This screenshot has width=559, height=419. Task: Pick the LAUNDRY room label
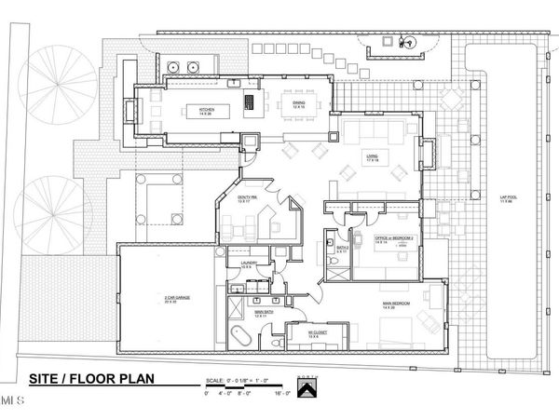click(x=249, y=265)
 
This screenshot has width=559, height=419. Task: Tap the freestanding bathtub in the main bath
click(x=237, y=336)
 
